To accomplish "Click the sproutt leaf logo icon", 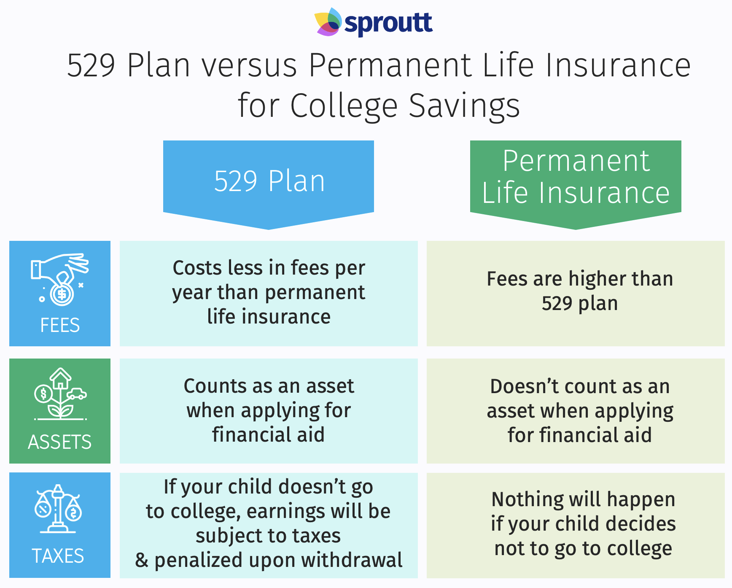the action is [328, 22].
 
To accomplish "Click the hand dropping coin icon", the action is [59, 279].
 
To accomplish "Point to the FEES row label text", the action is [60, 325].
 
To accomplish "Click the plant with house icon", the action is [60, 394].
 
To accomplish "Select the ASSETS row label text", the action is [59, 442].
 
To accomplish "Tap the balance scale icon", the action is [58, 509].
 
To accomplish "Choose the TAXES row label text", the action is [58, 556].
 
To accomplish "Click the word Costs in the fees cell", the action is [197, 268].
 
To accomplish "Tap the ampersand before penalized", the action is [142, 561].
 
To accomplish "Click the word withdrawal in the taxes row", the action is [352, 560].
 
